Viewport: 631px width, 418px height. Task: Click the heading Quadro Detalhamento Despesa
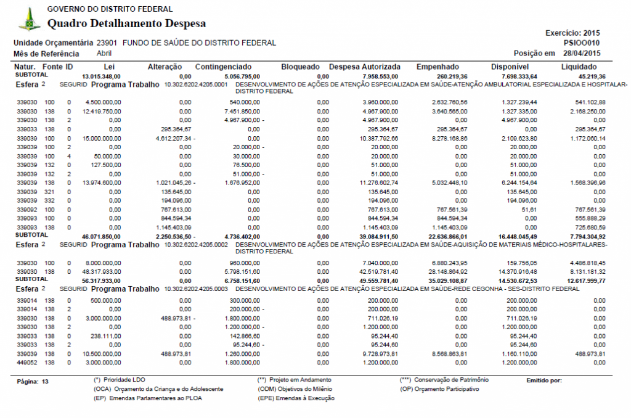pyautogui.click(x=126, y=24)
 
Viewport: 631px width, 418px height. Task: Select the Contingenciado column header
pyautogui.click(x=222, y=66)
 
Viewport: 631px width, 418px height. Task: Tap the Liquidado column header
pyautogui.click(x=579, y=66)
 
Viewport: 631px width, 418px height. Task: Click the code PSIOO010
pyautogui.click(x=582, y=43)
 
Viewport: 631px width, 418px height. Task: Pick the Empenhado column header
pyautogui.click(x=438, y=66)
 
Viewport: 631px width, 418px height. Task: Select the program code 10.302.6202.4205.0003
pyautogui.click(x=197, y=289)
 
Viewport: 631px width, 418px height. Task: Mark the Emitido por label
pyautogui.click(x=544, y=380)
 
